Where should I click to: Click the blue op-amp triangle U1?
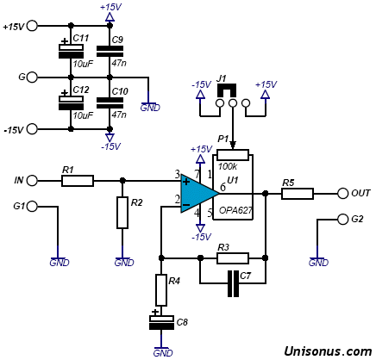coord(197,194)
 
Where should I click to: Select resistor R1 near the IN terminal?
coord(78,181)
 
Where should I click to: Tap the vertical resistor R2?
coord(122,213)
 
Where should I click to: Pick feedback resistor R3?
coord(233,258)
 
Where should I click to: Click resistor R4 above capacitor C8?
coord(161,290)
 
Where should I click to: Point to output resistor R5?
coord(298,194)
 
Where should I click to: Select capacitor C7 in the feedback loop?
coord(233,283)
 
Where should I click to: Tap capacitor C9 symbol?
coord(110,52)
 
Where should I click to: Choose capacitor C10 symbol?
coord(110,103)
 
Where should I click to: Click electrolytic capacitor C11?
coord(71,50)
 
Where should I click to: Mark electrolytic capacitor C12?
coord(71,102)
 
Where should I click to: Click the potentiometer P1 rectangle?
coord(233,155)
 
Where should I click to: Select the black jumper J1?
coord(227,90)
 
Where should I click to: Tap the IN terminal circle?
coord(33,181)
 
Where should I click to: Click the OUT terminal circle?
coord(342,194)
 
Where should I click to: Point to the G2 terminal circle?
coord(342,220)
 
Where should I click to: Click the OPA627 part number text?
coord(235,210)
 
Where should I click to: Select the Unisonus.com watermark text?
coord(328,351)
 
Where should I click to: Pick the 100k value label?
coord(228,166)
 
